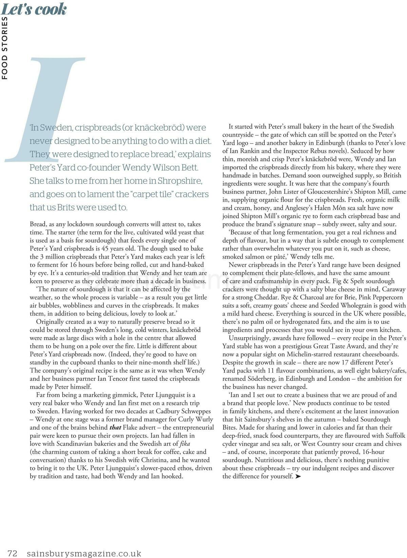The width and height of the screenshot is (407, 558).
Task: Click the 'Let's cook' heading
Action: [x=34, y=9]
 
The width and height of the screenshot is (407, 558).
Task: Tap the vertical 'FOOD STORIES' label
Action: [x=4, y=48]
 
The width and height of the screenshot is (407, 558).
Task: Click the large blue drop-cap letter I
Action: [x=51, y=109]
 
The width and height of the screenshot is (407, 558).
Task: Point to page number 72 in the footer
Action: [x=12, y=554]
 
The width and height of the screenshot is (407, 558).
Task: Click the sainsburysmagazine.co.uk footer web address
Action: [x=84, y=554]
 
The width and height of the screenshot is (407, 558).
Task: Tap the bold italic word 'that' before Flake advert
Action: [x=115, y=427]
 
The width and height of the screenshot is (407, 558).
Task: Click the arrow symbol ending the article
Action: [x=298, y=476]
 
